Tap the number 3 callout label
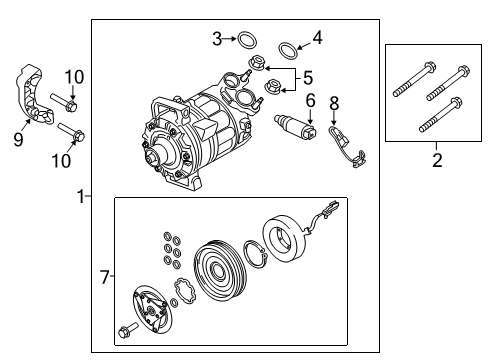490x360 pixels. point(217,39)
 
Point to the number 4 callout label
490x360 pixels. point(318,39)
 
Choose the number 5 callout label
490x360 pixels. point(308,77)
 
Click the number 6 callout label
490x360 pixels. point(311,100)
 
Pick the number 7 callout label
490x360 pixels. point(106,274)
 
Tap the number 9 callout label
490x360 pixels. point(18,139)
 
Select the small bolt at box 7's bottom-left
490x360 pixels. point(127,330)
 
